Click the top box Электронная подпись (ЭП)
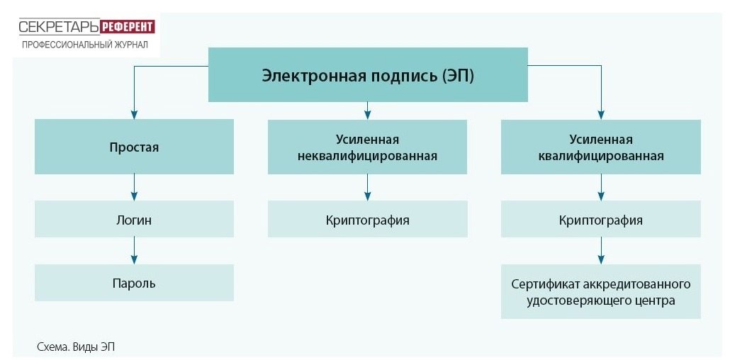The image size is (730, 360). (367, 75)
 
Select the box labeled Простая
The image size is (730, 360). (134, 147)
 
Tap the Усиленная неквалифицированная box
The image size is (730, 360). (367, 147)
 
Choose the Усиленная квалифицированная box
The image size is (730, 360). (601, 147)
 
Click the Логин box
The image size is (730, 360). (134, 220)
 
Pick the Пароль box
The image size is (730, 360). (134, 283)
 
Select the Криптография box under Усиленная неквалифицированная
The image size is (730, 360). (367, 220)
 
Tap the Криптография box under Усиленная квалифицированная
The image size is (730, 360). (601, 220)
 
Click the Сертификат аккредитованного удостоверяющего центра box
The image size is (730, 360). (601, 292)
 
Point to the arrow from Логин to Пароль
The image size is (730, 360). (134, 251)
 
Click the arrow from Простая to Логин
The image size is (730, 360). (134, 188)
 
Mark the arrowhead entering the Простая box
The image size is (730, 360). (134, 114)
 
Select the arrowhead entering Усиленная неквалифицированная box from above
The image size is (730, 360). (367, 113)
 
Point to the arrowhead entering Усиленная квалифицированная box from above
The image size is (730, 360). (601, 114)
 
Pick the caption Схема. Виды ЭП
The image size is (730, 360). (75, 347)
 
